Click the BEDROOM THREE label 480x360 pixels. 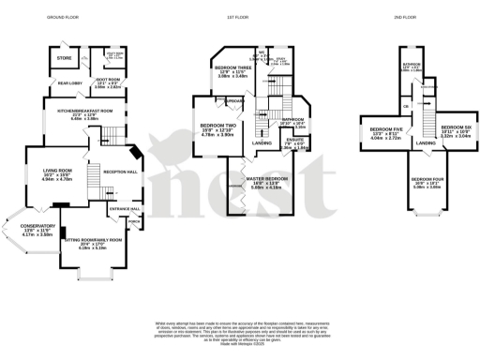pos(232,68)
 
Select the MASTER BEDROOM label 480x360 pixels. pos(267,178)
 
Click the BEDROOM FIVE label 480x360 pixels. pos(385,128)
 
